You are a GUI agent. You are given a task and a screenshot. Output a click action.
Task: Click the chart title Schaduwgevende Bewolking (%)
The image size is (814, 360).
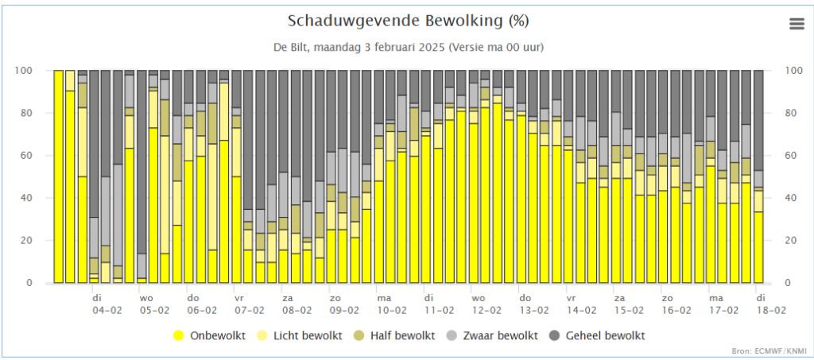coord(407,20)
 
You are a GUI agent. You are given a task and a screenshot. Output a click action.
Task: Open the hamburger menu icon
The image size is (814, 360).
coord(797,24)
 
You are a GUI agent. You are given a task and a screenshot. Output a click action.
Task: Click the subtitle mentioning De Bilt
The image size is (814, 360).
coord(407,47)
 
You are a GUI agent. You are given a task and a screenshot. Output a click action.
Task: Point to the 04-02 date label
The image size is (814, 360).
coord(106,310)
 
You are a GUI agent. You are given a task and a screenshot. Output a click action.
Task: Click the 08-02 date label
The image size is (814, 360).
coord(297,310)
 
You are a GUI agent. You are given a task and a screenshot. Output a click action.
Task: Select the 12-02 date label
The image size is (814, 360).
coord(486,310)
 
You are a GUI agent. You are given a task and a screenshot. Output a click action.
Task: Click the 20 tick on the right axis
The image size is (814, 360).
coord(790,241)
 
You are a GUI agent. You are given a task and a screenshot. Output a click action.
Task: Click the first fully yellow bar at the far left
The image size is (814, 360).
coord(58,176)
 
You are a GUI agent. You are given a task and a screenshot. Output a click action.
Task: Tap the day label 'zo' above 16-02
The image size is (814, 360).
coord(668,298)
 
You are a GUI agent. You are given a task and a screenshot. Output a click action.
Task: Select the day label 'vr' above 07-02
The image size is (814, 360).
coord(238,298)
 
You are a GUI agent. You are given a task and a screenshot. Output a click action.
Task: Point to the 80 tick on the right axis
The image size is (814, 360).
coord(790,114)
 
